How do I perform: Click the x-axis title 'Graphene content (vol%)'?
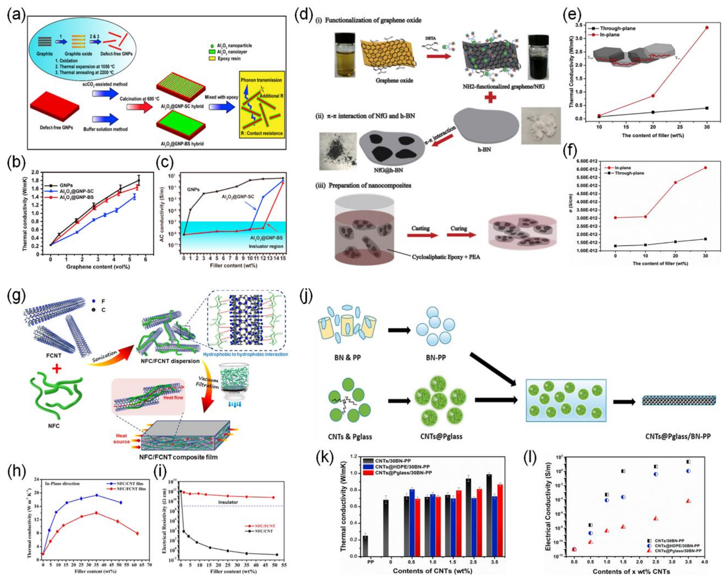click(98, 267)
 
